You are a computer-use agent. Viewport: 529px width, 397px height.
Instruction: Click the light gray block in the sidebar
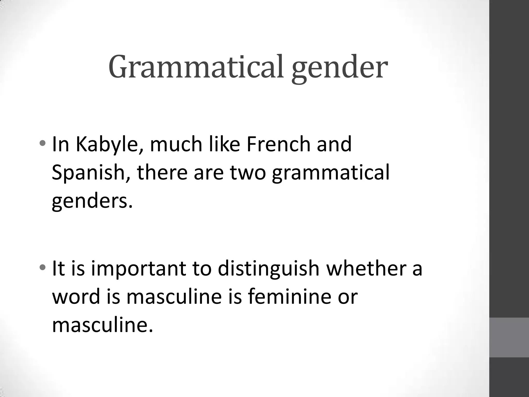coord(509,338)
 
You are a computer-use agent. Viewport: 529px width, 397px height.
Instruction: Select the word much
coord(176,144)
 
